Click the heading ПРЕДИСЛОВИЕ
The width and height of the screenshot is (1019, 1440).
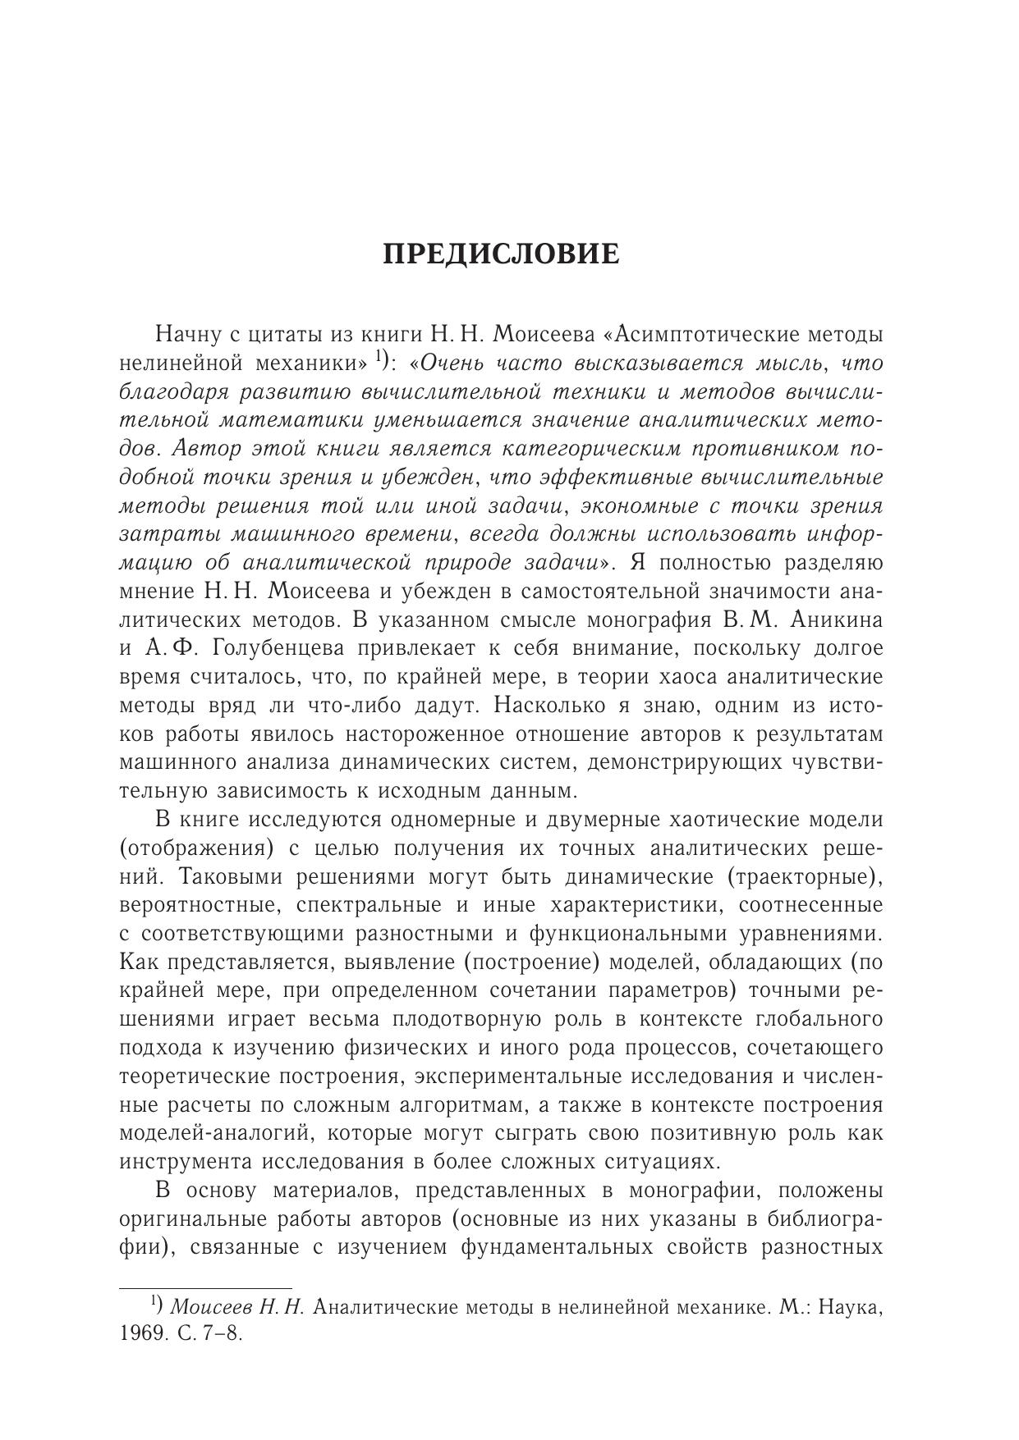pyautogui.click(x=502, y=254)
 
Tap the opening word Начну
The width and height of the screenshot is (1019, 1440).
pyautogui.click(x=186, y=335)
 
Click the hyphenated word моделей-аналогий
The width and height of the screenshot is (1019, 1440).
pyautogui.click(x=215, y=1133)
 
